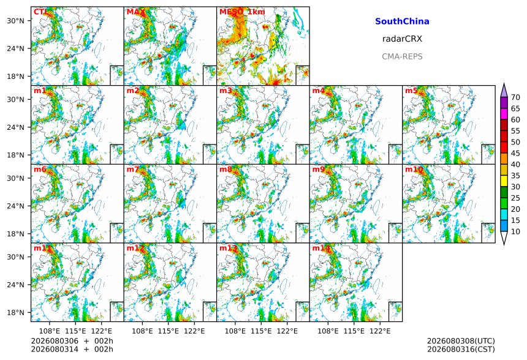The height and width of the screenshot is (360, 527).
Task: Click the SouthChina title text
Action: [402, 21]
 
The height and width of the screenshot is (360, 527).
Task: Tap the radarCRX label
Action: [402, 39]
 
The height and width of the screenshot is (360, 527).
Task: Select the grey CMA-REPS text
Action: [402, 56]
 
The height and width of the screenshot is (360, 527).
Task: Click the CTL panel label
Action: [40, 12]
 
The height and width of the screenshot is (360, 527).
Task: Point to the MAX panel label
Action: [135, 12]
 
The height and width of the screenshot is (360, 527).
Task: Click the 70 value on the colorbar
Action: [515, 97]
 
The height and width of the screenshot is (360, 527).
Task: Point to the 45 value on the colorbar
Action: [515, 153]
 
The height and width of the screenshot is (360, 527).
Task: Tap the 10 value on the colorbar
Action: [515, 231]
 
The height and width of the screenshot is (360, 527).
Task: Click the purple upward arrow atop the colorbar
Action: [504, 91]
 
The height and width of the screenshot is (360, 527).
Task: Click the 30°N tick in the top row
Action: [15, 21]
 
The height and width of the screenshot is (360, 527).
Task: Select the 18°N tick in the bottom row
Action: [15, 312]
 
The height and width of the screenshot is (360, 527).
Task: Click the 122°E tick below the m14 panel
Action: [380, 331]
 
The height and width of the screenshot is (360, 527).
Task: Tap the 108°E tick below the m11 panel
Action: [50, 331]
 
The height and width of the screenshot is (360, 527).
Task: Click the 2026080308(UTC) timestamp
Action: [461, 341]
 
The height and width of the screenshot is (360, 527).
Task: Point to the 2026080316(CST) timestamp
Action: [461, 349]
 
